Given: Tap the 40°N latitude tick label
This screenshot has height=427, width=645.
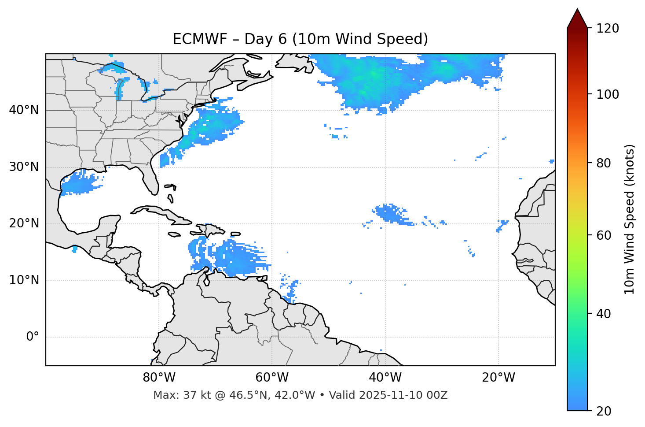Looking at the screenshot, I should [24, 110].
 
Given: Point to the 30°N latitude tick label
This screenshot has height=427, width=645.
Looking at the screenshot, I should [24, 167].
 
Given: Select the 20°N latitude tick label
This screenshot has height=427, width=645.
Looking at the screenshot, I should [24, 223].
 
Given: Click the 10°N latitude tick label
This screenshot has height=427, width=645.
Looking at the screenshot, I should [24, 280].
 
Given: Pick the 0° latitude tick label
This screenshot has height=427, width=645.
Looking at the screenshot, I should [33, 337].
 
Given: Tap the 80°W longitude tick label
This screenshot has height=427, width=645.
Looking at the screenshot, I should [159, 378].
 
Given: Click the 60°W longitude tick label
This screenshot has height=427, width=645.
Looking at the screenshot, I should [271, 378].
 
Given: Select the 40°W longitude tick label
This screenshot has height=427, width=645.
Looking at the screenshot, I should [385, 378].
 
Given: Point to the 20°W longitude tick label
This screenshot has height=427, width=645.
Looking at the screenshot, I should [498, 378].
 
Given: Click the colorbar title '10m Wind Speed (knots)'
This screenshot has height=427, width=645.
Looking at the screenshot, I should [630, 219].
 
